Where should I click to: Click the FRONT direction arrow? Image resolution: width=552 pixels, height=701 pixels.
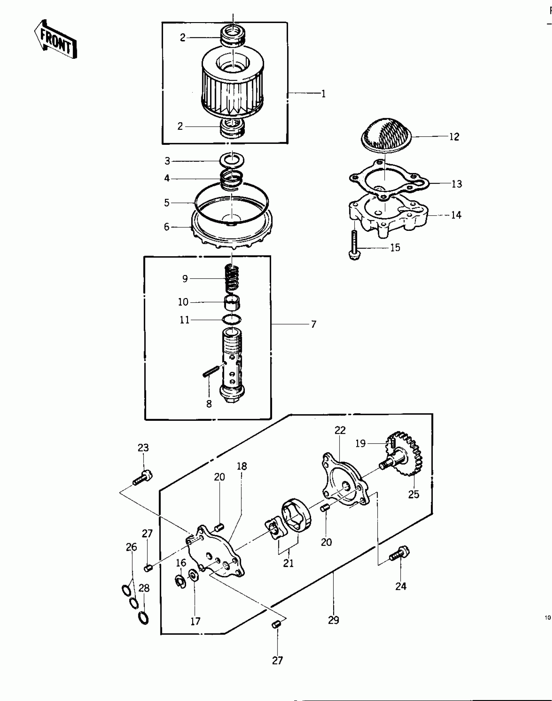pyautogui.click(x=55, y=40)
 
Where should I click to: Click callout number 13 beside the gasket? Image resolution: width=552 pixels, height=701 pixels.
pyautogui.click(x=457, y=184)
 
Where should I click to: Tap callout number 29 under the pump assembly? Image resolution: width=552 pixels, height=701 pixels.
pyautogui.click(x=333, y=620)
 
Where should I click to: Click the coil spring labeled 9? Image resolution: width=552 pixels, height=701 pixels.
pyautogui.click(x=233, y=278)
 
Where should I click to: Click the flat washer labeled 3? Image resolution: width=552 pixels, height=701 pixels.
pyautogui.click(x=232, y=160)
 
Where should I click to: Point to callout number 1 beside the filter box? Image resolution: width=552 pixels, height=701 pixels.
pyautogui.click(x=323, y=94)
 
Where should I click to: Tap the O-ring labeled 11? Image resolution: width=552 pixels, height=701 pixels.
pyautogui.click(x=232, y=319)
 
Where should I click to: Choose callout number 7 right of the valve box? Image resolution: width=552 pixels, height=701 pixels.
pyautogui.click(x=313, y=324)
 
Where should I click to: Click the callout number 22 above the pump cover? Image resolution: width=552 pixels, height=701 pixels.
pyautogui.click(x=340, y=430)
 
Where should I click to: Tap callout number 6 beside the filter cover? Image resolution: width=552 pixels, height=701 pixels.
pyautogui.click(x=167, y=227)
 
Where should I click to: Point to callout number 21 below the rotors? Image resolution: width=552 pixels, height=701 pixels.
pyautogui.click(x=288, y=563)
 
